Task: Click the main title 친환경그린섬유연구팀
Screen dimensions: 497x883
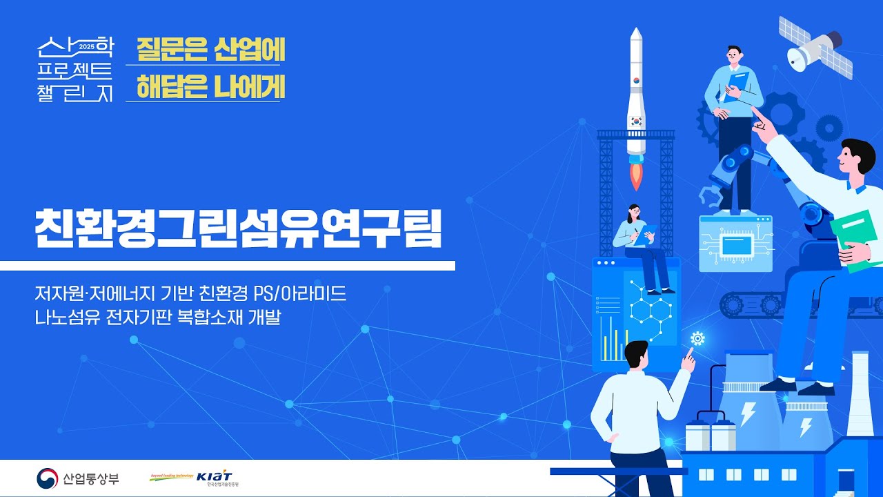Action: pos(237,226)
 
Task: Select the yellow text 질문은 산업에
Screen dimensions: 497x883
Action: pos(210,50)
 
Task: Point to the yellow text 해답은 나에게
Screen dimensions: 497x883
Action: pos(210,87)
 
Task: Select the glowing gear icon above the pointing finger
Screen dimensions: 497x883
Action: pos(697,338)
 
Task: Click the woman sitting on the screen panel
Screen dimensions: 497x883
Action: pos(642,245)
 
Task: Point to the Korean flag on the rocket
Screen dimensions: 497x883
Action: pos(636,119)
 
